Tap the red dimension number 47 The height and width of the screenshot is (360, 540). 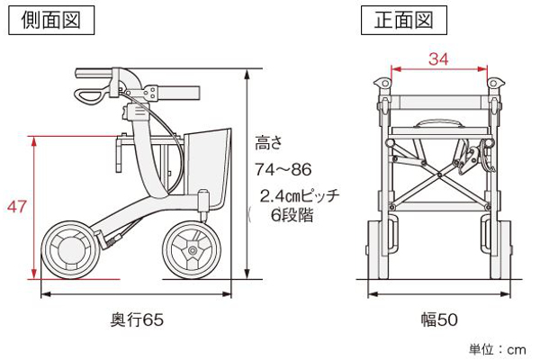coord(16,208)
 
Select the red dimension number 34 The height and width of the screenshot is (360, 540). coord(437,60)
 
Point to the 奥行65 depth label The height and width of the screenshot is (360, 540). coord(138,319)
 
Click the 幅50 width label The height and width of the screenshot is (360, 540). coord(438,319)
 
